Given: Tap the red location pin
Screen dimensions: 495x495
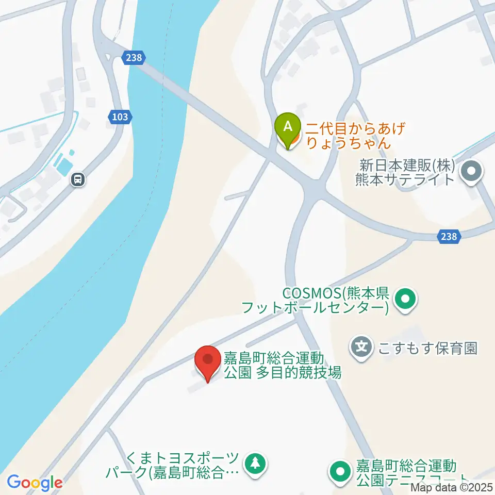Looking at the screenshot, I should click(208, 361).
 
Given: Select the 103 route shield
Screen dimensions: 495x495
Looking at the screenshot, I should click(119, 118).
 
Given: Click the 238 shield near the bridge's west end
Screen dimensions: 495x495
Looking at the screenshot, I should click(133, 58).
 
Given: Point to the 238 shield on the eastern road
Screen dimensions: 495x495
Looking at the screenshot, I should click(449, 236).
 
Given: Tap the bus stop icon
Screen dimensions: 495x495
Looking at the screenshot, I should click(78, 179).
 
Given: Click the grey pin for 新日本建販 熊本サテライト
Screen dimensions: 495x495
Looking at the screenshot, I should click(471, 172).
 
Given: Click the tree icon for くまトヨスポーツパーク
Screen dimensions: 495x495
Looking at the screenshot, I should click(255, 463).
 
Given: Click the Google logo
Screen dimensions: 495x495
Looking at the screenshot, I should click(35, 483).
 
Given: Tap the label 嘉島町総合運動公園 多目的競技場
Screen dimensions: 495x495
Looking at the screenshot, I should click(282, 365).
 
